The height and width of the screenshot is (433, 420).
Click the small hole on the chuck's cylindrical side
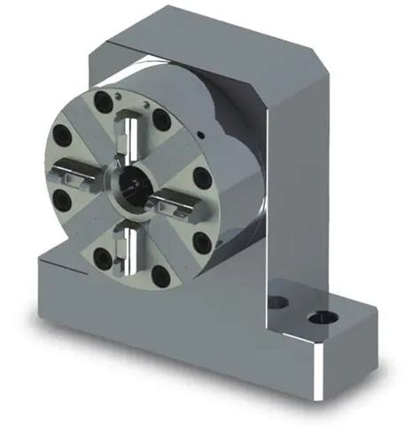pos(202,134)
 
